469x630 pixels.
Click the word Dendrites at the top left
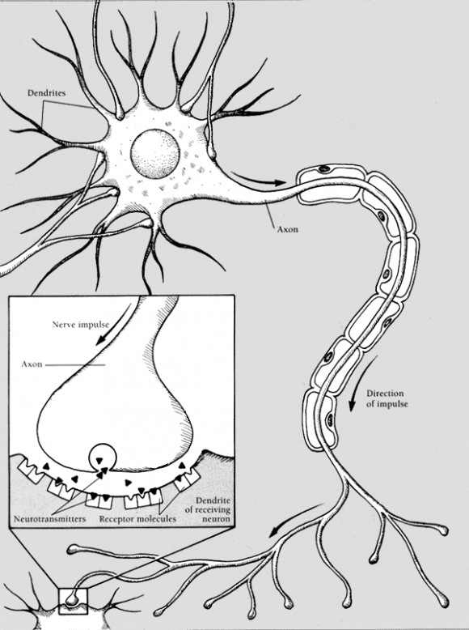pos(46,93)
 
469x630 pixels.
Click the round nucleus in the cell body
pos(155,154)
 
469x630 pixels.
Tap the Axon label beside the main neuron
pos(288,229)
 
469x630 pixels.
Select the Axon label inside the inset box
pos(32,364)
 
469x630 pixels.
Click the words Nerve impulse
pos(81,324)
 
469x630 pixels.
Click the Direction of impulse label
pos(387,398)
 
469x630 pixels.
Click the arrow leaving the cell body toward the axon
pos(258,179)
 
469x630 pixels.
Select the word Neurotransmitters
pos(50,519)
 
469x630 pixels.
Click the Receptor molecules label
pos(137,519)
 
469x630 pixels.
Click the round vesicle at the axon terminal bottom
pos(103,458)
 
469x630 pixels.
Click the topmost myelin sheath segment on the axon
pos(330,185)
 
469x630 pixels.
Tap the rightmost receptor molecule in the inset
pos(187,479)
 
